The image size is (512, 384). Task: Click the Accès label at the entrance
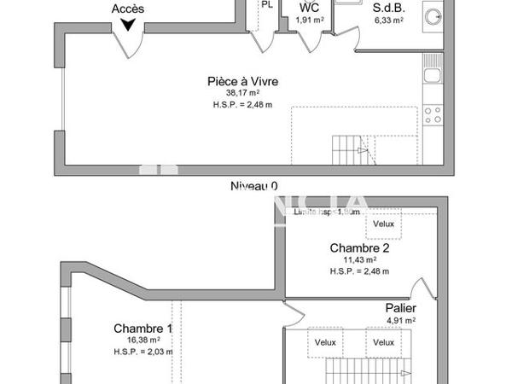tap(128, 9)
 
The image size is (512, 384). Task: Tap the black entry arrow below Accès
tap(128, 25)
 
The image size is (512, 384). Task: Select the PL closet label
tap(267, 4)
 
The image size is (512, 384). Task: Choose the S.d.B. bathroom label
tap(387, 8)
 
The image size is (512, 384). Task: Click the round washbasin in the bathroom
tap(433, 15)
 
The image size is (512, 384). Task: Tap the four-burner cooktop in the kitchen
tap(433, 113)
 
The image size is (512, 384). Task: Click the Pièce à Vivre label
tap(243, 82)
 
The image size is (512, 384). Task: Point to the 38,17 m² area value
tap(243, 93)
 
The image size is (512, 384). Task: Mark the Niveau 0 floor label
tap(254, 185)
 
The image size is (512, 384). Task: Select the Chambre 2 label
tap(359, 248)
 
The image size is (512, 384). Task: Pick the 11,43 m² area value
tap(359, 260)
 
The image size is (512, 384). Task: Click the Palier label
tap(400, 308)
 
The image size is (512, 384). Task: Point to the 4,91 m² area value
tap(400, 321)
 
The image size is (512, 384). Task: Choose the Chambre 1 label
tap(143, 329)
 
